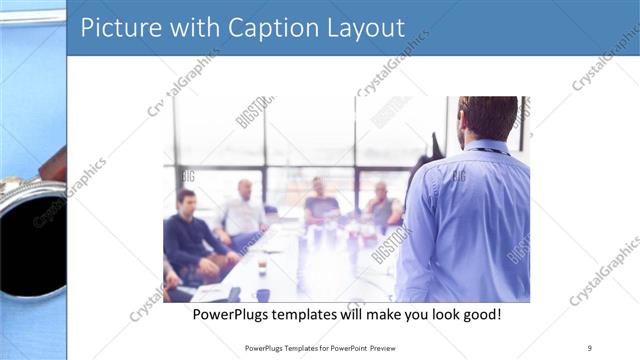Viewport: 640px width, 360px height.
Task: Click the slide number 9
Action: [590, 347]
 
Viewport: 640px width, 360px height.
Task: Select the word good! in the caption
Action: [480, 314]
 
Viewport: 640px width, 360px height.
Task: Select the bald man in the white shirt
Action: [243, 212]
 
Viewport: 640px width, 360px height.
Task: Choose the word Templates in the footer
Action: [287, 348]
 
